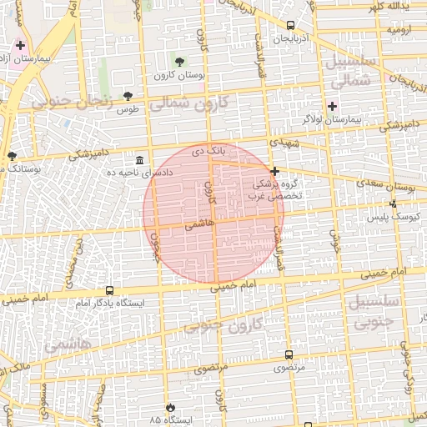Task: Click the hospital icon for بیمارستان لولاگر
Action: (x=332, y=106)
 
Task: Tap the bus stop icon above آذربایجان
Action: (x=289, y=25)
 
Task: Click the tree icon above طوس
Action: (x=128, y=96)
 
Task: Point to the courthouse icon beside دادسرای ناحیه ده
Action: (x=139, y=159)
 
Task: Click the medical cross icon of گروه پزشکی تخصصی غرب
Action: (x=274, y=171)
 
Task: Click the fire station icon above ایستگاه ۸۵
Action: (x=171, y=407)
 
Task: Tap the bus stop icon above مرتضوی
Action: (x=289, y=354)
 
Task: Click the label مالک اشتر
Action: (x=17, y=367)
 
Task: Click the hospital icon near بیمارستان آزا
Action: (x=21, y=45)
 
